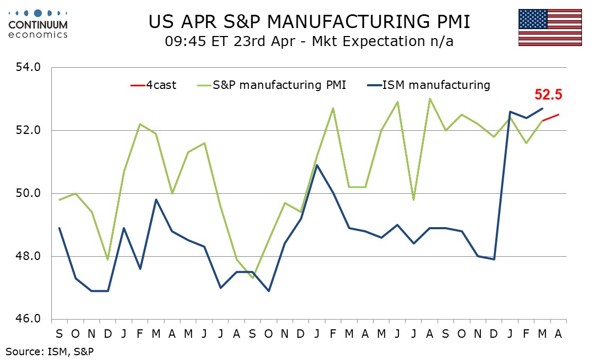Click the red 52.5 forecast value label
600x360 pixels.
click(x=548, y=95)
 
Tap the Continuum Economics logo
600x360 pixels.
click(x=38, y=23)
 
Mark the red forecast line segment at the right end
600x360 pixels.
click(x=551, y=118)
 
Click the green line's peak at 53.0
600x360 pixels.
click(x=430, y=99)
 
